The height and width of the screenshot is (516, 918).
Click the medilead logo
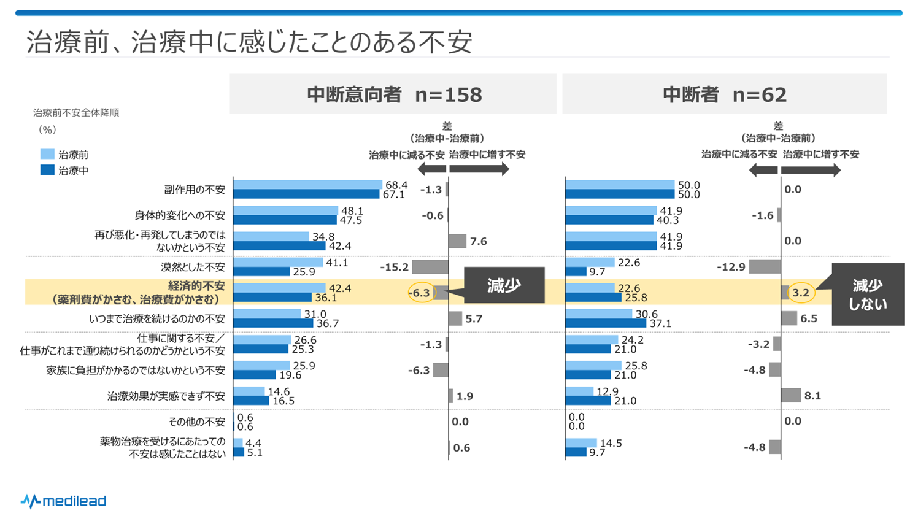click(63, 501)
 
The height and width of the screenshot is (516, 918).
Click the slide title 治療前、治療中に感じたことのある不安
click(249, 42)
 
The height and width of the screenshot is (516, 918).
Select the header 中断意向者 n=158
click(394, 94)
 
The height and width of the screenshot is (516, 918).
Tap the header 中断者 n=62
click(724, 94)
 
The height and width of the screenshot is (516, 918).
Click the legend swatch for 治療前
click(47, 154)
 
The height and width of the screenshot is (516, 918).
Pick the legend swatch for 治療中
click(47, 170)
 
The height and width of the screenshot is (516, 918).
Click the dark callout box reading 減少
click(504, 285)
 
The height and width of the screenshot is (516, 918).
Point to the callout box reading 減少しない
click(867, 295)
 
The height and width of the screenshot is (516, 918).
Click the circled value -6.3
click(420, 293)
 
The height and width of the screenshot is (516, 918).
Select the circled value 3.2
click(801, 293)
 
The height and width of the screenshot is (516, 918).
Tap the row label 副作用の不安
click(195, 190)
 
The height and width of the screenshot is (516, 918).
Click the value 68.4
click(396, 185)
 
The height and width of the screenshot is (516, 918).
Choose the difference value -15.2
click(394, 267)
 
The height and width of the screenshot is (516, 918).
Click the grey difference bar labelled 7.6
click(457, 241)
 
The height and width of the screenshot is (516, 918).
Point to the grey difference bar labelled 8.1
click(791, 396)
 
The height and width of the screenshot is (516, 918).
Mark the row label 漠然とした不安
click(193, 267)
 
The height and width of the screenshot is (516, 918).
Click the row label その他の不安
click(197, 422)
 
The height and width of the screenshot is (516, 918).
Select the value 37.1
click(660, 323)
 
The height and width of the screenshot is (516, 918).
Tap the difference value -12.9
click(731, 267)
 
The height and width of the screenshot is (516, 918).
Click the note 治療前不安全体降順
click(76, 112)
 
